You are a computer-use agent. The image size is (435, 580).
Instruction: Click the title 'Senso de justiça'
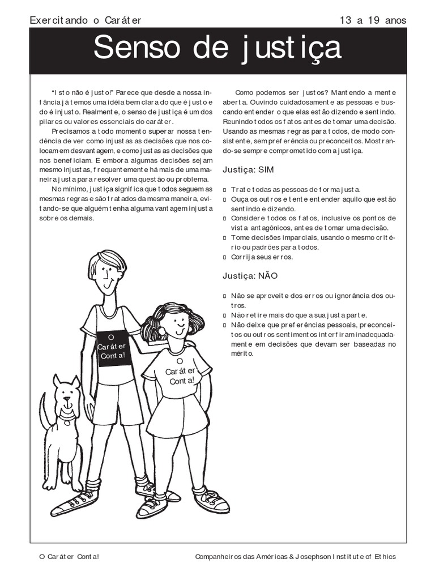[217, 49]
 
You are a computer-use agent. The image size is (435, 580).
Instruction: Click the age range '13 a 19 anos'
[373, 20]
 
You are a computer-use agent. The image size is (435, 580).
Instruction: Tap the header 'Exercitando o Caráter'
[85, 20]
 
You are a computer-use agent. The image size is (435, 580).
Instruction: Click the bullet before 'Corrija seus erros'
[225, 258]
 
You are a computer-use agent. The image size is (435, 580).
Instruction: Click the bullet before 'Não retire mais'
[225, 315]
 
